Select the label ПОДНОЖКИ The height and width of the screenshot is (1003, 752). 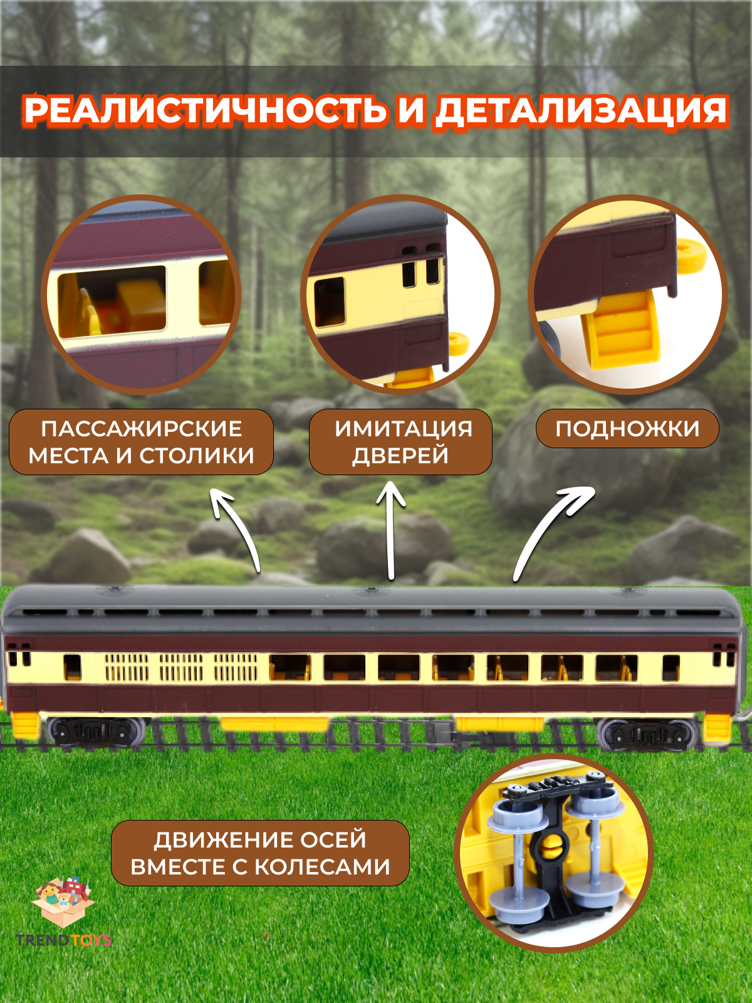pos(627,429)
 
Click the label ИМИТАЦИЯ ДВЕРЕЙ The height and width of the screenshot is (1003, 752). pos(401,442)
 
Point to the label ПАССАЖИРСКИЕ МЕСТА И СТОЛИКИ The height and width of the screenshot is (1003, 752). pos(141,442)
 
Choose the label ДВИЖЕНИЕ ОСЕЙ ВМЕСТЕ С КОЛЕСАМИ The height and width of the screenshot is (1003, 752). pos(260,853)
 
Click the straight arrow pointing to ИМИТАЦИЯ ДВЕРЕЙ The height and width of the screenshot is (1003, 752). pos(391,530)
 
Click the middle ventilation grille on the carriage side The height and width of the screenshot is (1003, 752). pos(181,668)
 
